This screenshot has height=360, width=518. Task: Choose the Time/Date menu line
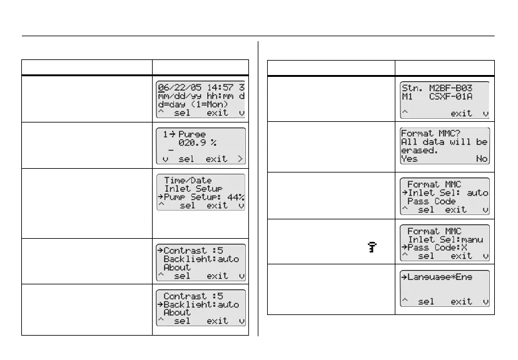click(188, 180)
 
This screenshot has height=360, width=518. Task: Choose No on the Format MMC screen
click(482, 159)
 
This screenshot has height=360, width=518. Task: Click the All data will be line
click(444, 142)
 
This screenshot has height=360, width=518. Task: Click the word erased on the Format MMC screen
click(417, 151)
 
